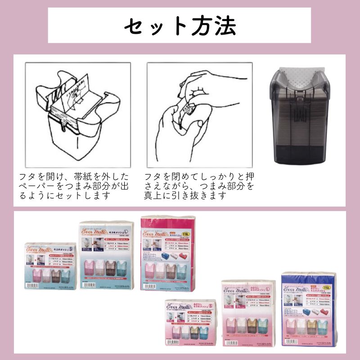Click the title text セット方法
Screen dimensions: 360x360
pos(180,26)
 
